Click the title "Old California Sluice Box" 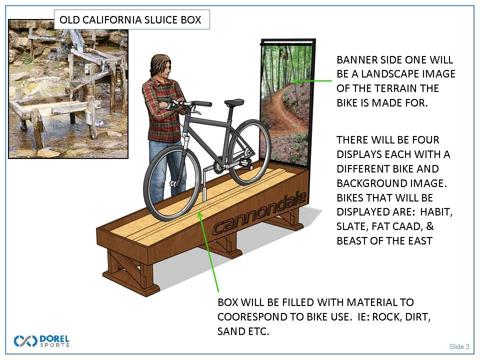coord(130,20)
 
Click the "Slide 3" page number coord(459,346)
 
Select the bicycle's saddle coord(234,102)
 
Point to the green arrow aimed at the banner coord(312,80)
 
